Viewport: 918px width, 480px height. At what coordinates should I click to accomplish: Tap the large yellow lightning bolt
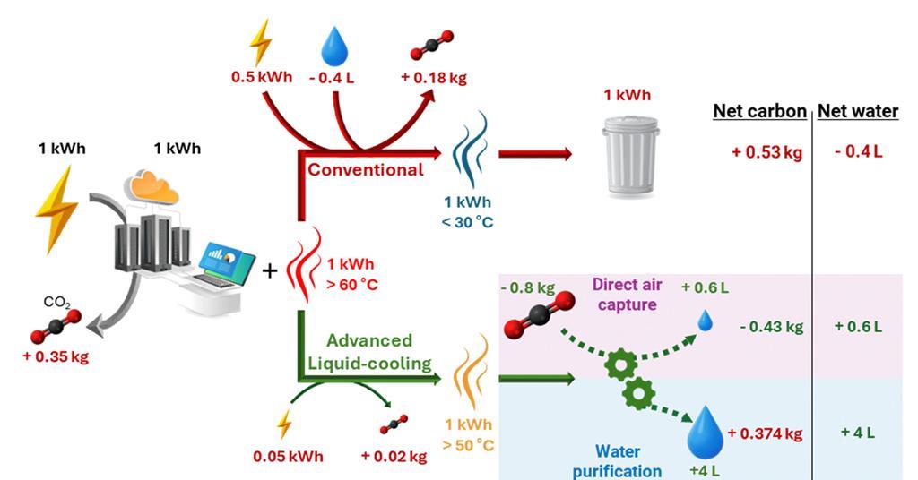click(56, 210)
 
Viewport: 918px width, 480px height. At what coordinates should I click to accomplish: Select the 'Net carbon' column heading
click(759, 111)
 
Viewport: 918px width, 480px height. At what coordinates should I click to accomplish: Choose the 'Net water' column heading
click(858, 111)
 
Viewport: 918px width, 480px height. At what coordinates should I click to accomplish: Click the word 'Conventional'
click(366, 169)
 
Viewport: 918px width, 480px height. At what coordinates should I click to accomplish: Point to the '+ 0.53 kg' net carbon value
click(766, 152)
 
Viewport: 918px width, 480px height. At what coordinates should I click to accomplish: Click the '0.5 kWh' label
click(261, 77)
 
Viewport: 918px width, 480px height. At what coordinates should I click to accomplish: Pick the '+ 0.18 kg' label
click(434, 78)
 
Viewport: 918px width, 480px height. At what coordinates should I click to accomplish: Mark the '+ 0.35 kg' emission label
click(56, 356)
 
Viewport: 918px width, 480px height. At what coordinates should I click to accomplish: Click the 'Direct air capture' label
click(627, 294)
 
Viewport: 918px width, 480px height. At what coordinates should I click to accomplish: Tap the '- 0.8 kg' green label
click(528, 287)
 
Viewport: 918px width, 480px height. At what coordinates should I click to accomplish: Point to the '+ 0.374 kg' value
click(765, 433)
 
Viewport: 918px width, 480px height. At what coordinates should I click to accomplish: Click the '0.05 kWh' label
click(288, 456)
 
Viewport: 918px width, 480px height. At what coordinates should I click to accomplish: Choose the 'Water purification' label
click(617, 461)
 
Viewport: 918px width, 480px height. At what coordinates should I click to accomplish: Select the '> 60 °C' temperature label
click(352, 286)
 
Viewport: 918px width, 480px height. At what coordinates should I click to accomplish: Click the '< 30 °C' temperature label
click(467, 222)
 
